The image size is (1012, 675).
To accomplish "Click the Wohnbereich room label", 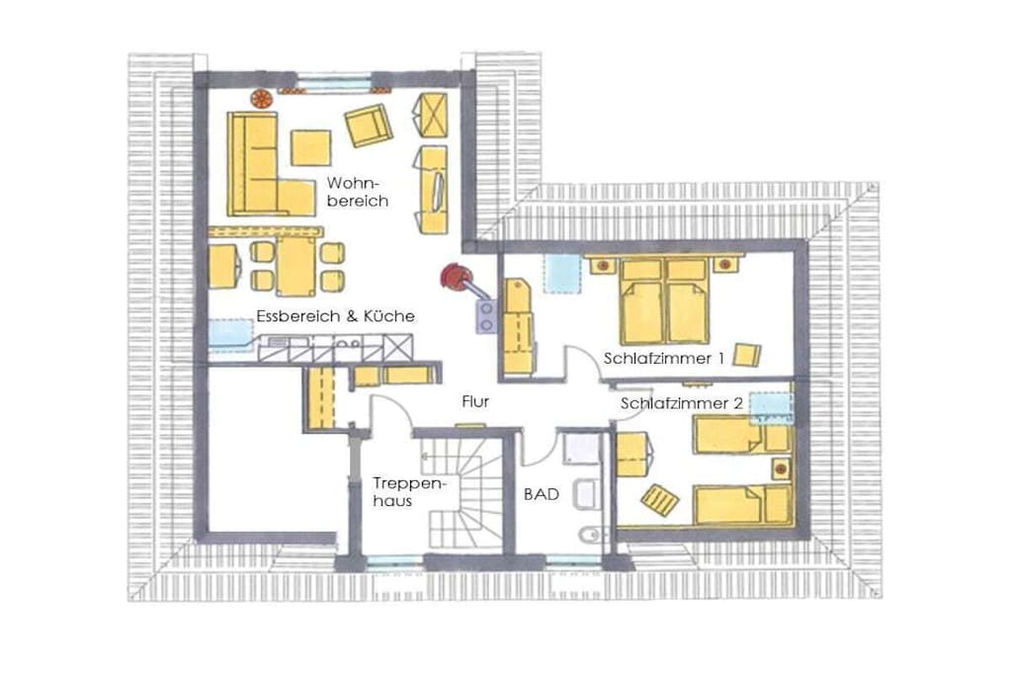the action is coord(358,192).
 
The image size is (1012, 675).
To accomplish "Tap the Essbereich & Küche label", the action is coord(335,316).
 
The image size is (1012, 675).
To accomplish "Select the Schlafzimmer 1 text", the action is coord(663,358).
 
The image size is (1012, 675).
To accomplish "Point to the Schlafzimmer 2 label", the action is coord(682,403).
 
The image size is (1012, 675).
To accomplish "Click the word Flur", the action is coord(475,401).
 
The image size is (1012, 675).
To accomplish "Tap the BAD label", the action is coord(542,494).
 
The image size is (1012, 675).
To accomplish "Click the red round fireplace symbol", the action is coord(454,277).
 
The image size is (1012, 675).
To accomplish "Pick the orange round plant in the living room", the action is coord(261,99).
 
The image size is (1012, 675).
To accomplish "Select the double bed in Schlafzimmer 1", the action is coord(664,300).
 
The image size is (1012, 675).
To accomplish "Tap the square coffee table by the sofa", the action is coord(310,148).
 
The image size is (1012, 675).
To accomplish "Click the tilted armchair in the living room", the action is coord(368,126).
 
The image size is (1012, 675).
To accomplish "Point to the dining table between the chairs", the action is coord(296,266).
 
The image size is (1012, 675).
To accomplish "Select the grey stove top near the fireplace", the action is coord(485,317).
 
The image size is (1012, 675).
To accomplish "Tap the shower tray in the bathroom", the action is coord(581,449).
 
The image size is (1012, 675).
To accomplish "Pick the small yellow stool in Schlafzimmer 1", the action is coord(747,355).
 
